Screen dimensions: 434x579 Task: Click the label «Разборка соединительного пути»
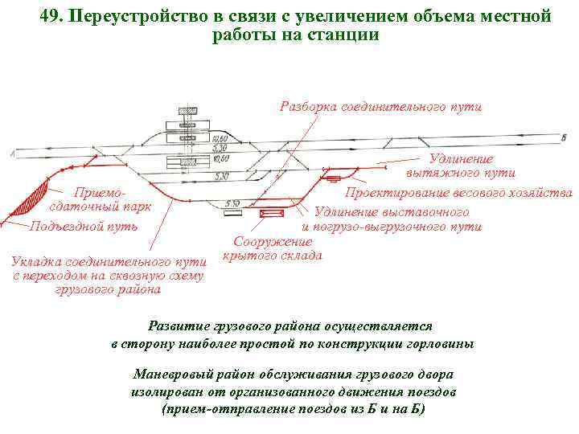[x=380, y=107]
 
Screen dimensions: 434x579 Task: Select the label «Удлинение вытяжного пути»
[x=461, y=166]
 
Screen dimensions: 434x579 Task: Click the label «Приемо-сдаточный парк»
[x=101, y=199]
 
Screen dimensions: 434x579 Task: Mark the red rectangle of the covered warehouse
[x=269, y=214]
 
